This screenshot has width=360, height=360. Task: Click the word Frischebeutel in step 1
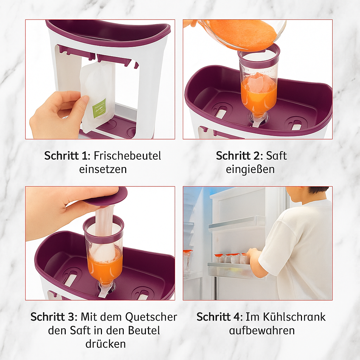point(127,156)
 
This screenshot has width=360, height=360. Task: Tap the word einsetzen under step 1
point(103,169)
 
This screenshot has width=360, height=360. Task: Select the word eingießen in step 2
point(250,169)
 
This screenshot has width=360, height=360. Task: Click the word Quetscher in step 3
point(151,317)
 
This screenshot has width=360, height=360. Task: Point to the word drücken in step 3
point(105,344)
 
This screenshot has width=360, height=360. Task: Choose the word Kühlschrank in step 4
point(294,317)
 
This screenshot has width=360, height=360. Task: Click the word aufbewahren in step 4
point(262,330)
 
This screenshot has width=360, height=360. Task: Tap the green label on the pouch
point(99,108)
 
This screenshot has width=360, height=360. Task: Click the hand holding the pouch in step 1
point(59,115)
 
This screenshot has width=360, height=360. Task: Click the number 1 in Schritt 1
point(84,156)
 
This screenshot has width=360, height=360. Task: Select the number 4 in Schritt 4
point(237,317)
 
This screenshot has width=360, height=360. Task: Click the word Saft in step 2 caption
point(276,156)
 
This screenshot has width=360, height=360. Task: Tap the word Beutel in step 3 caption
point(144,330)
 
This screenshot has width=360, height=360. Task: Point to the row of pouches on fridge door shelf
point(231,259)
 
